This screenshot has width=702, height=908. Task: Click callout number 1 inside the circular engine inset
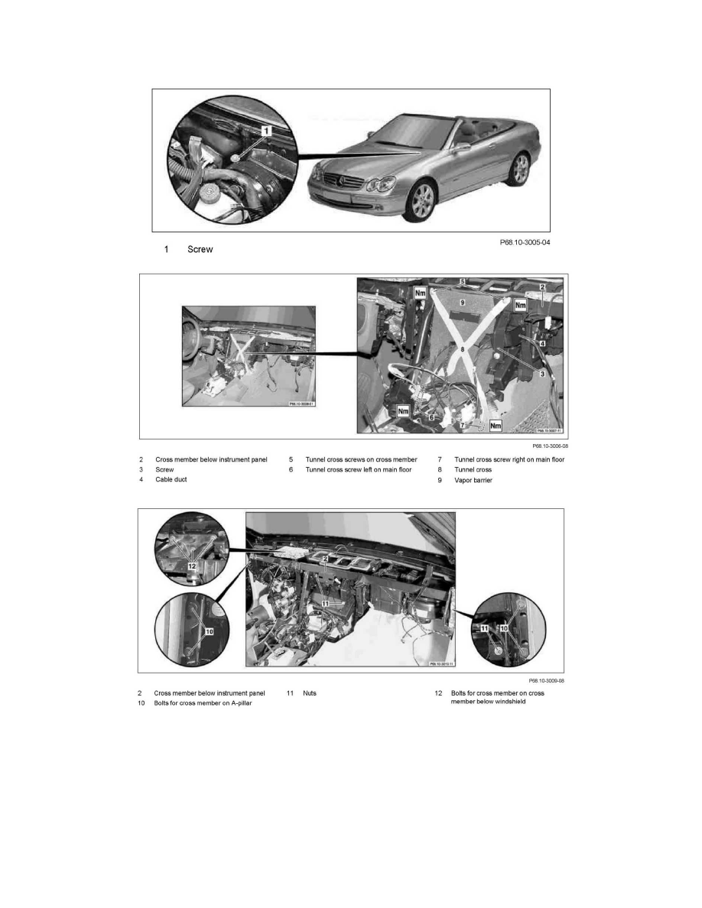(x=265, y=131)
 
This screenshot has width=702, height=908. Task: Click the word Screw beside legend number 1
(x=201, y=250)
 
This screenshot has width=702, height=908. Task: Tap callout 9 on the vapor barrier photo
(x=463, y=303)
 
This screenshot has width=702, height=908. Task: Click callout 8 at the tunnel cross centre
(x=462, y=349)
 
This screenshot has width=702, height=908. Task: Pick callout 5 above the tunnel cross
(x=463, y=282)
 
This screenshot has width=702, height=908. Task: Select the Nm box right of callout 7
(x=496, y=424)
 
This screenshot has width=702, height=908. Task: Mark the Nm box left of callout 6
(x=402, y=411)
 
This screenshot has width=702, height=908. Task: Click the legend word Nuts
(x=310, y=693)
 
